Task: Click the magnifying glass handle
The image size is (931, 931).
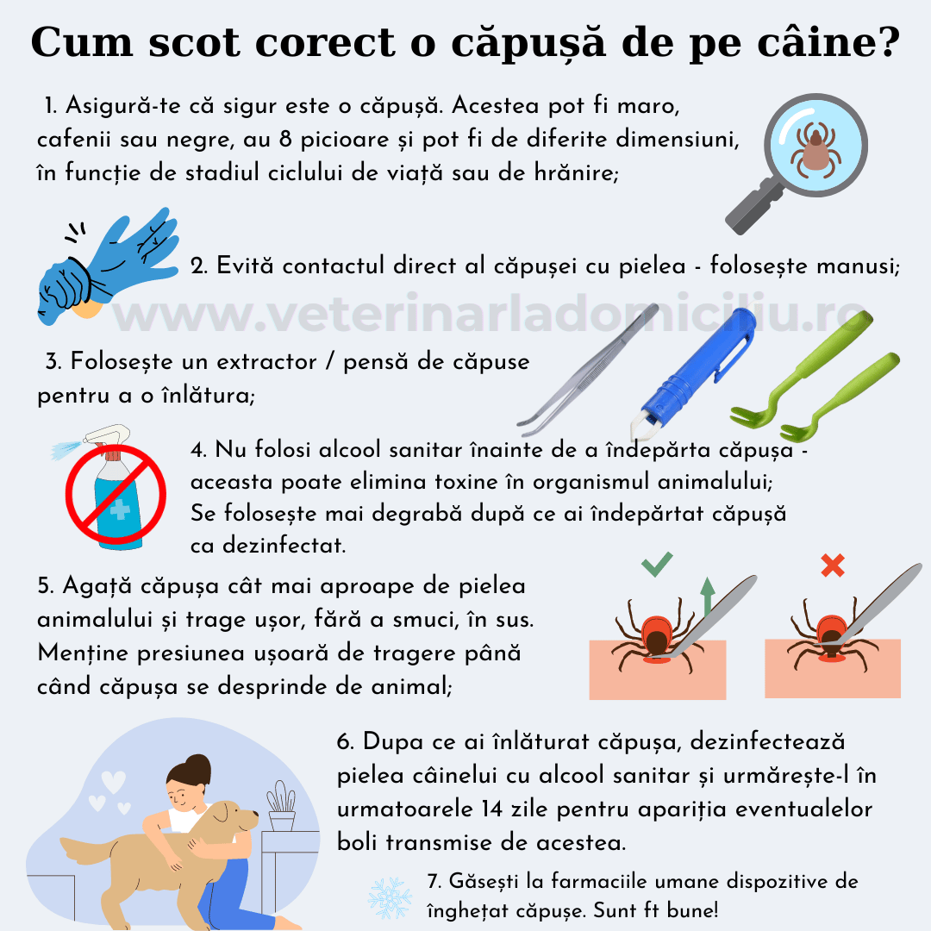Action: pyautogui.click(x=751, y=208)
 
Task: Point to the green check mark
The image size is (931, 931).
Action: pyautogui.click(x=657, y=565)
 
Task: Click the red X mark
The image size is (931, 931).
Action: pyautogui.click(x=832, y=565)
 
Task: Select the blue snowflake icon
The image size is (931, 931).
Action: pyautogui.click(x=390, y=897)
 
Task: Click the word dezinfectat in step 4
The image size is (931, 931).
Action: pyautogui.click(x=267, y=546)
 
